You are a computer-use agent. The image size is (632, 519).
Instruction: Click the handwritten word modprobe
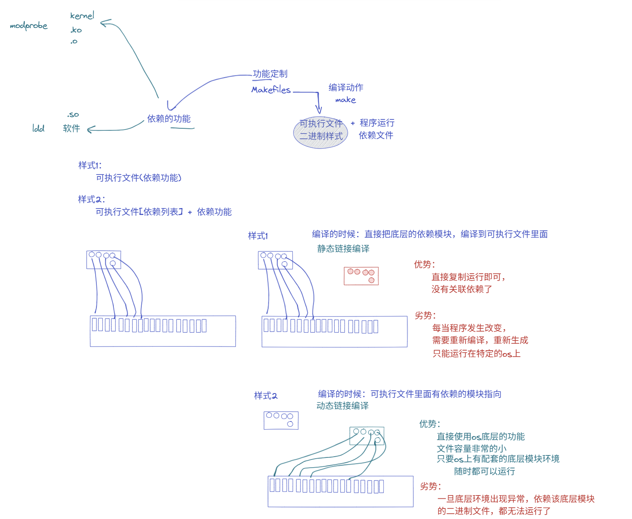click(28, 26)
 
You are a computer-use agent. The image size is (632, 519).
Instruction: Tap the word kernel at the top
click(82, 16)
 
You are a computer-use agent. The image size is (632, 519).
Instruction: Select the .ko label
click(76, 30)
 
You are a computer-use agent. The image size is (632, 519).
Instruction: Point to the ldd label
click(38, 128)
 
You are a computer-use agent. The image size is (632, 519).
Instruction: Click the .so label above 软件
click(73, 115)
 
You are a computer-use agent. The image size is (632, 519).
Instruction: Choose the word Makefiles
click(271, 89)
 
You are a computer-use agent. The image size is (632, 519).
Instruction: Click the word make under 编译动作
click(345, 100)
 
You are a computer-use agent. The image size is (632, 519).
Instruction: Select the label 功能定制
click(270, 74)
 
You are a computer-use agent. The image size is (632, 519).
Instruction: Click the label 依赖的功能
click(169, 119)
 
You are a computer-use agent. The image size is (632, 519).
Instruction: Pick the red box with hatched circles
click(361, 276)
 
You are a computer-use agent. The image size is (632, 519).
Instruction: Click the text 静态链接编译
click(343, 249)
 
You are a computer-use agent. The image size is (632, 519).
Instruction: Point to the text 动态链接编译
click(343, 406)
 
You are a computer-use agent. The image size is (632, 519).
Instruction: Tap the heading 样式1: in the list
click(89, 165)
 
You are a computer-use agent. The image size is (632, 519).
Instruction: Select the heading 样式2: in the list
click(91, 199)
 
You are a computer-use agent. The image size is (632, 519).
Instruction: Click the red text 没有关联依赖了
click(462, 289)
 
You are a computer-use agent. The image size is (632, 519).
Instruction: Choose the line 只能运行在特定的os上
click(476, 353)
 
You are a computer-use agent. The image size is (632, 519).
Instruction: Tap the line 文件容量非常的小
click(472, 449)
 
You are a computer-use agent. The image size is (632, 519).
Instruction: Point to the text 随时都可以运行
click(485, 471)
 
